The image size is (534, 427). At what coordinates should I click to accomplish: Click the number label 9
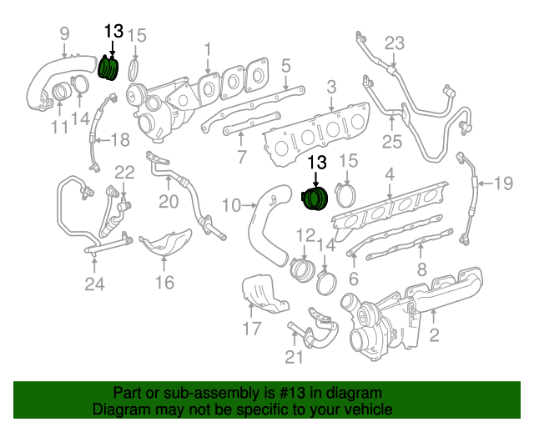pos(63,34)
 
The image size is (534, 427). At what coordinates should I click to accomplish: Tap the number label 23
pos(393,43)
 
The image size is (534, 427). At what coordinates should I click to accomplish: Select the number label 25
pos(391,142)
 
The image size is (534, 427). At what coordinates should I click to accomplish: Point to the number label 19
pos(503,183)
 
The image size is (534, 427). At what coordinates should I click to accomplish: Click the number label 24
pos(94,284)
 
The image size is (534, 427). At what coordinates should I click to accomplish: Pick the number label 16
pos(164,283)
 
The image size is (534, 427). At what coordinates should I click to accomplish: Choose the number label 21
pos(293,357)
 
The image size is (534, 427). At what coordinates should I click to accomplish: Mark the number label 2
pos(433,336)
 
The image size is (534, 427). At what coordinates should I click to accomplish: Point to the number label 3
pos(331,86)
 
